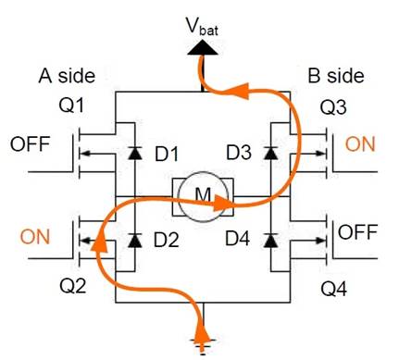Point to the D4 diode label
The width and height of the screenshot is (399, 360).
click(x=238, y=241)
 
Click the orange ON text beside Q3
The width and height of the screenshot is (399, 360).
click(x=361, y=144)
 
